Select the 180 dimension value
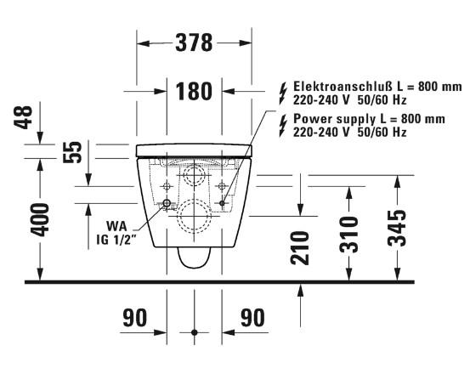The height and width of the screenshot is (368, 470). [195, 90]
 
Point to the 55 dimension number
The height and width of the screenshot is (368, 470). [74, 151]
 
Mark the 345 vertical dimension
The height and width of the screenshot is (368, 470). [395, 224]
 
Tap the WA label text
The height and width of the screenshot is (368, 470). [117, 226]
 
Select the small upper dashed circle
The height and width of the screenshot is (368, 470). [195, 176]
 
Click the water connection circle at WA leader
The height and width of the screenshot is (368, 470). [167, 204]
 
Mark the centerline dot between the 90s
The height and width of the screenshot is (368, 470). [195, 332]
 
